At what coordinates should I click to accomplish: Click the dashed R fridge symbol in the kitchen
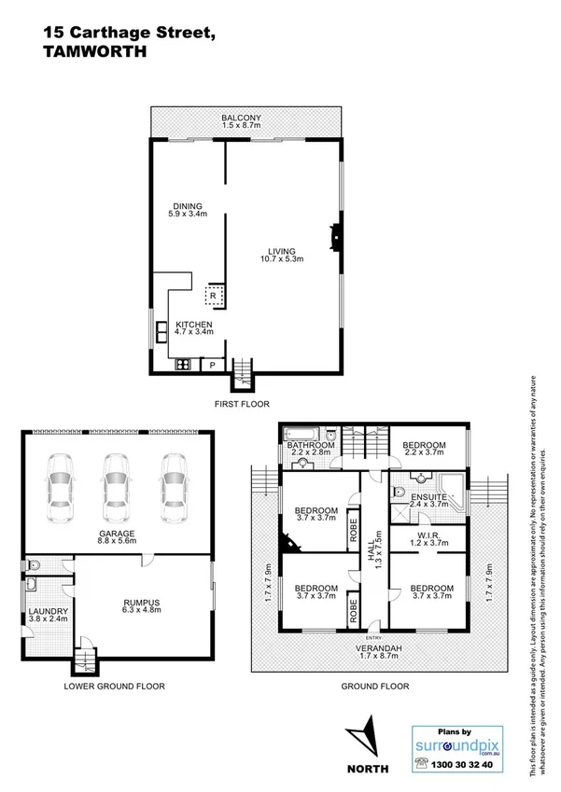(x=213, y=295)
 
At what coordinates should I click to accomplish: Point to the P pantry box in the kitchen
(x=212, y=365)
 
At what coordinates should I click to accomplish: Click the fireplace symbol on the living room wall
(x=333, y=238)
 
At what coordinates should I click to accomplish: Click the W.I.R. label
(x=428, y=535)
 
